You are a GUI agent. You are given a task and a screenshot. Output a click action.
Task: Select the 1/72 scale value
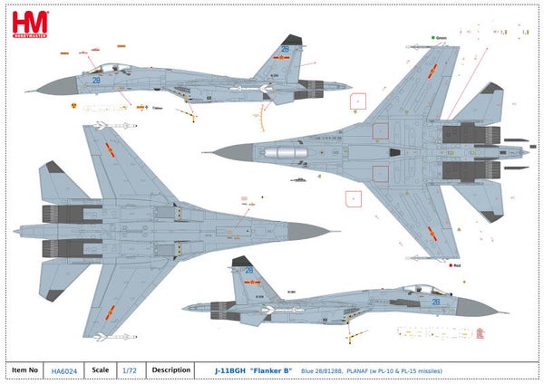pos(132,370)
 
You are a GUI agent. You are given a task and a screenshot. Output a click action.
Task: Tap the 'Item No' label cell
pos(24,370)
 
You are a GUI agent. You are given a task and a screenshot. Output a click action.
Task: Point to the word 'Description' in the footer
pos(170,370)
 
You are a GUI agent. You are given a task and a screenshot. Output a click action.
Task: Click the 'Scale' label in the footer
pos(100,370)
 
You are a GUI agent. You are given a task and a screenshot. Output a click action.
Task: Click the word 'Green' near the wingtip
pos(442,39)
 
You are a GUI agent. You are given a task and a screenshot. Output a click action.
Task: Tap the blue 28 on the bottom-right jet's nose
pos(436,302)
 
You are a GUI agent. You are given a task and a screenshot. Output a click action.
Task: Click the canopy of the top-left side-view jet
pos(107,67)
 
